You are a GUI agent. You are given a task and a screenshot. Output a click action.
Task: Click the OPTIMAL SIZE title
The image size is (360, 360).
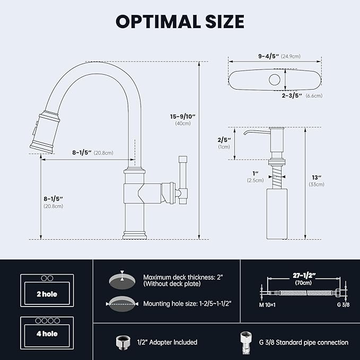point(180,21)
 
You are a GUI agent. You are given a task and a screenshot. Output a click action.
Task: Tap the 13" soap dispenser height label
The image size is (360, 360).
point(317,177)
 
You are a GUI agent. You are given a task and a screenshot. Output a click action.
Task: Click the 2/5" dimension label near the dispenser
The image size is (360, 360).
point(223,140)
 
